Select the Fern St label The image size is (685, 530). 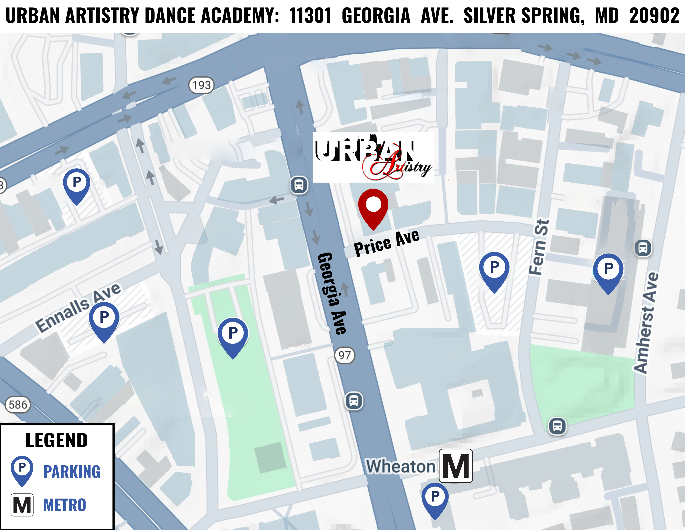[x=539, y=247]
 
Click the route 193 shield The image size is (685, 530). [x=201, y=85]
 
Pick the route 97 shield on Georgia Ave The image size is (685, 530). [x=344, y=355]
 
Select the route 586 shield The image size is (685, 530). [x=18, y=404]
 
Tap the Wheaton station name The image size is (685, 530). [x=401, y=466]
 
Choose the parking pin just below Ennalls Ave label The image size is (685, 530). [x=104, y=319]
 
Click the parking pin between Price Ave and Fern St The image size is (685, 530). [x=494, y=269]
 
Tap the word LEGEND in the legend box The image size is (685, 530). [x=57, y=440]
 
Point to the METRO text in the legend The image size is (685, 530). [x=65, y=505]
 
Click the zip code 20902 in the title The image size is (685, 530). [x=654, y=16]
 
